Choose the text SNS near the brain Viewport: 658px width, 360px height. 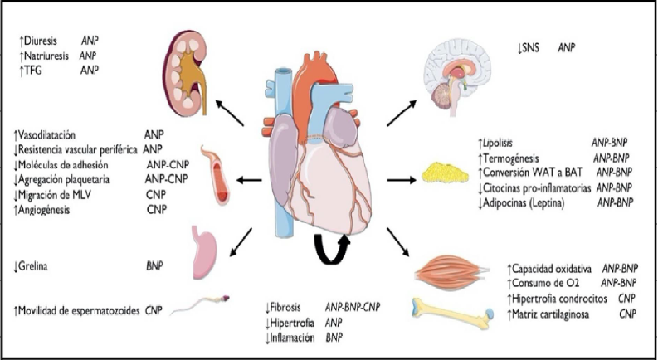click(x=525, y=49)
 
